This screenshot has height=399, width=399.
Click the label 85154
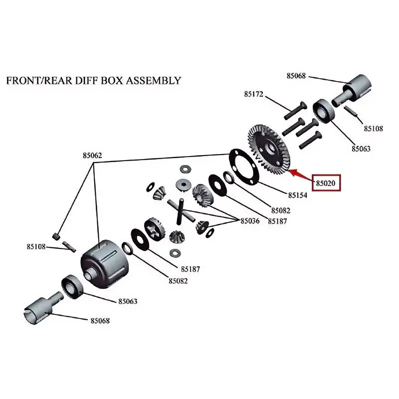(x=298, y=196)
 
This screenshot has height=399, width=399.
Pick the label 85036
(x=250, y=221)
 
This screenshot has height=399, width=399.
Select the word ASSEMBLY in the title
(x=152, y=80)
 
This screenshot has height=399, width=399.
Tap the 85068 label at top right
(x=296, y=76)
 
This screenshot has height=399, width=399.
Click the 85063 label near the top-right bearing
(x=361, y=149)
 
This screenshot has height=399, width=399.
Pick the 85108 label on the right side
(x=373, y=129)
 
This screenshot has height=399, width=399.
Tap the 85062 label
(x=92, y=156)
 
